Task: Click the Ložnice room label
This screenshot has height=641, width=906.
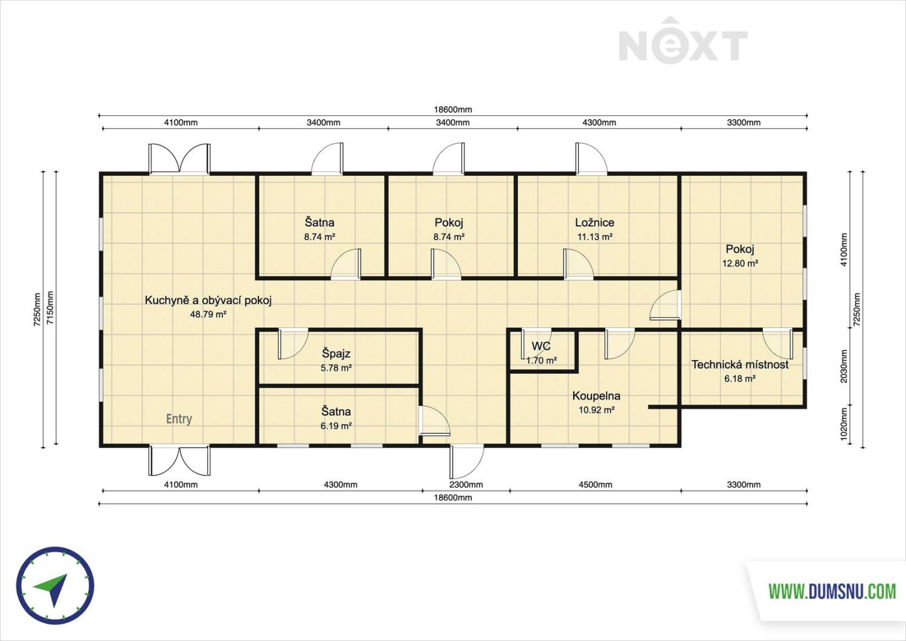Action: (594, 222)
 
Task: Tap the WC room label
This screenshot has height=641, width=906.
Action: (541, 346)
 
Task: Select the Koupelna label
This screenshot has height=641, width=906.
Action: (596, 396)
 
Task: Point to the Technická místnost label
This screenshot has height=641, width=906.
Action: (740, 365)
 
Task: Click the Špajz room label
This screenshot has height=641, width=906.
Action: (336, 353)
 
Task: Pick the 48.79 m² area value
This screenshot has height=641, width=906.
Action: (208, 314)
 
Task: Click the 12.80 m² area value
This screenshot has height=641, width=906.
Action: (740, 263)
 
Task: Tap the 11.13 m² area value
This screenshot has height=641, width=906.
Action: (594, 237)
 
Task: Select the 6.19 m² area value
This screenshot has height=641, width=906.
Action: (336, 426)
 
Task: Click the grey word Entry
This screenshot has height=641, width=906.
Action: (179, 419)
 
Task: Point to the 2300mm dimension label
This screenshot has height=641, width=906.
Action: (466, 485)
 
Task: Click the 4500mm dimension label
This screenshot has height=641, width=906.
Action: (596, 485)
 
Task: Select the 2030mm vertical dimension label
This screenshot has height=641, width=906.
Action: (844, 366)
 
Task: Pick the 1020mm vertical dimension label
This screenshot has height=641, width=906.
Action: (844, 424)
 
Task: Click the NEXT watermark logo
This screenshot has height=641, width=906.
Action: (683, 40)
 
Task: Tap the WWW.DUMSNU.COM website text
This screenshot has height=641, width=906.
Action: (832, 591)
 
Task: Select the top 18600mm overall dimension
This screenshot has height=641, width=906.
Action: (453, 109)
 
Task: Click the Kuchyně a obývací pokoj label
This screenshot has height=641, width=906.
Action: (208, 300)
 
